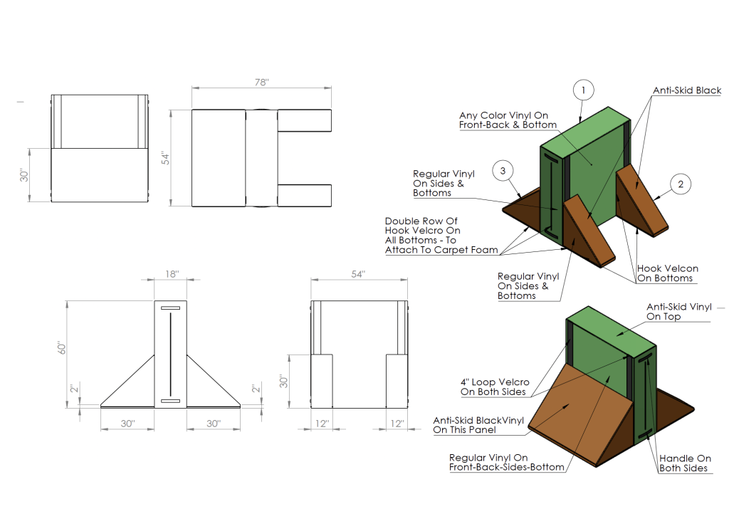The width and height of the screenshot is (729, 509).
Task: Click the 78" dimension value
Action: tap(262, 83)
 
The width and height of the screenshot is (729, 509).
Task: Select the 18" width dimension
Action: tap(171, 274)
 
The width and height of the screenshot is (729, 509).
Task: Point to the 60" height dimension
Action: tap(62, 349)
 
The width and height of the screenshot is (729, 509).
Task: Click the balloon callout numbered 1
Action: tap(583, 90)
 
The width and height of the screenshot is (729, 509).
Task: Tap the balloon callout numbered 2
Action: tap(681, 184)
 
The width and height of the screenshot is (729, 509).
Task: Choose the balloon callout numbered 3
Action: tap(503, 171)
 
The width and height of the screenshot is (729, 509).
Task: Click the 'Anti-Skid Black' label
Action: tap(687, 91)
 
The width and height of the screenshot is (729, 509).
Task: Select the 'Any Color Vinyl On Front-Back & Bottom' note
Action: tap(508, 120)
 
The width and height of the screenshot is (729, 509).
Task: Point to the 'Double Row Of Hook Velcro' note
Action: tap(422, 236)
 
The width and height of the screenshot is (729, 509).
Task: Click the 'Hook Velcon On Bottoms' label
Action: tap(668, 273)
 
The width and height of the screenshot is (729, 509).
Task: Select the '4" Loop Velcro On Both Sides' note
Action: tap(495, 387)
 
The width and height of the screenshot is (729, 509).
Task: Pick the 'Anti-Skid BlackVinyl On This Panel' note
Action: tap(478, 425)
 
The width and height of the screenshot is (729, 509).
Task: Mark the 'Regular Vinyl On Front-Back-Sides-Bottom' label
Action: tap(507, 462)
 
